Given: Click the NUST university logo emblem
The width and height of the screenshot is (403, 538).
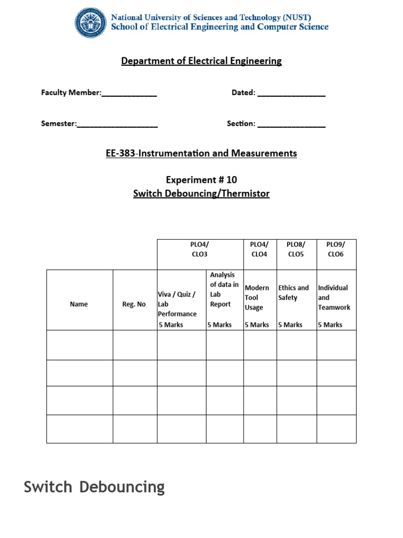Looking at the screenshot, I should pyautogui.click(x=91, y=23).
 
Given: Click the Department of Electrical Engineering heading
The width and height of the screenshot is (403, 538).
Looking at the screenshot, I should pyautogui.click(x=201, y=61).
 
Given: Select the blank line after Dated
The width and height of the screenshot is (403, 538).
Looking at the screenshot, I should pyautogui.click(x=291, y=95).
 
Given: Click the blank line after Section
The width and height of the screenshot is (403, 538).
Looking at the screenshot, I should pyautogui.click(x=291, y=126).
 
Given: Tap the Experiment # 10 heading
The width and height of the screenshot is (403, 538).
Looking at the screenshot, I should pyautogui.click(x=201, y=180).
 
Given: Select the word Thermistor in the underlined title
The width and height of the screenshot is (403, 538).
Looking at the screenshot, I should pyautogui.click(x=246, y=193).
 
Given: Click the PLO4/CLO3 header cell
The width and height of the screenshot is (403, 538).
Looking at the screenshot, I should pyautogui.click(x=200, y=249).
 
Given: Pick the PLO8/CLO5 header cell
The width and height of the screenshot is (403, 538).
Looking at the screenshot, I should pyautogui.click(x=296, y=249).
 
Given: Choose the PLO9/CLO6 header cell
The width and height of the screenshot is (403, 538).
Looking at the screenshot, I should pyautogui.click(x=336, y=249).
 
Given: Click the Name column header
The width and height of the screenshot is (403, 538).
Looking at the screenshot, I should pyautogui.click(x=79, y=304).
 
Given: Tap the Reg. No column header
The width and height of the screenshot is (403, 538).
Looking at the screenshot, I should pyautogui.click(x=134, y=304).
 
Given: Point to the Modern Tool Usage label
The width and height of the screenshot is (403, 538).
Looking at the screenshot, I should pyautogui.click(x=257, y=297).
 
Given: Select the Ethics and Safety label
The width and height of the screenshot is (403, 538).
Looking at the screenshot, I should pyautogui.click(x=293, y=293).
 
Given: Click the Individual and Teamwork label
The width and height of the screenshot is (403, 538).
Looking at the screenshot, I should pyautogui.click(x=334, y=297).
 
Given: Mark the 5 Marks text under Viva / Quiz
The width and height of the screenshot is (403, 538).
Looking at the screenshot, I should pyautogui.click(x=171, y=325).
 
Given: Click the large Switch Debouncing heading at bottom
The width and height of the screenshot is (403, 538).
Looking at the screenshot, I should pyautogui.click(x=94, y=487).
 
